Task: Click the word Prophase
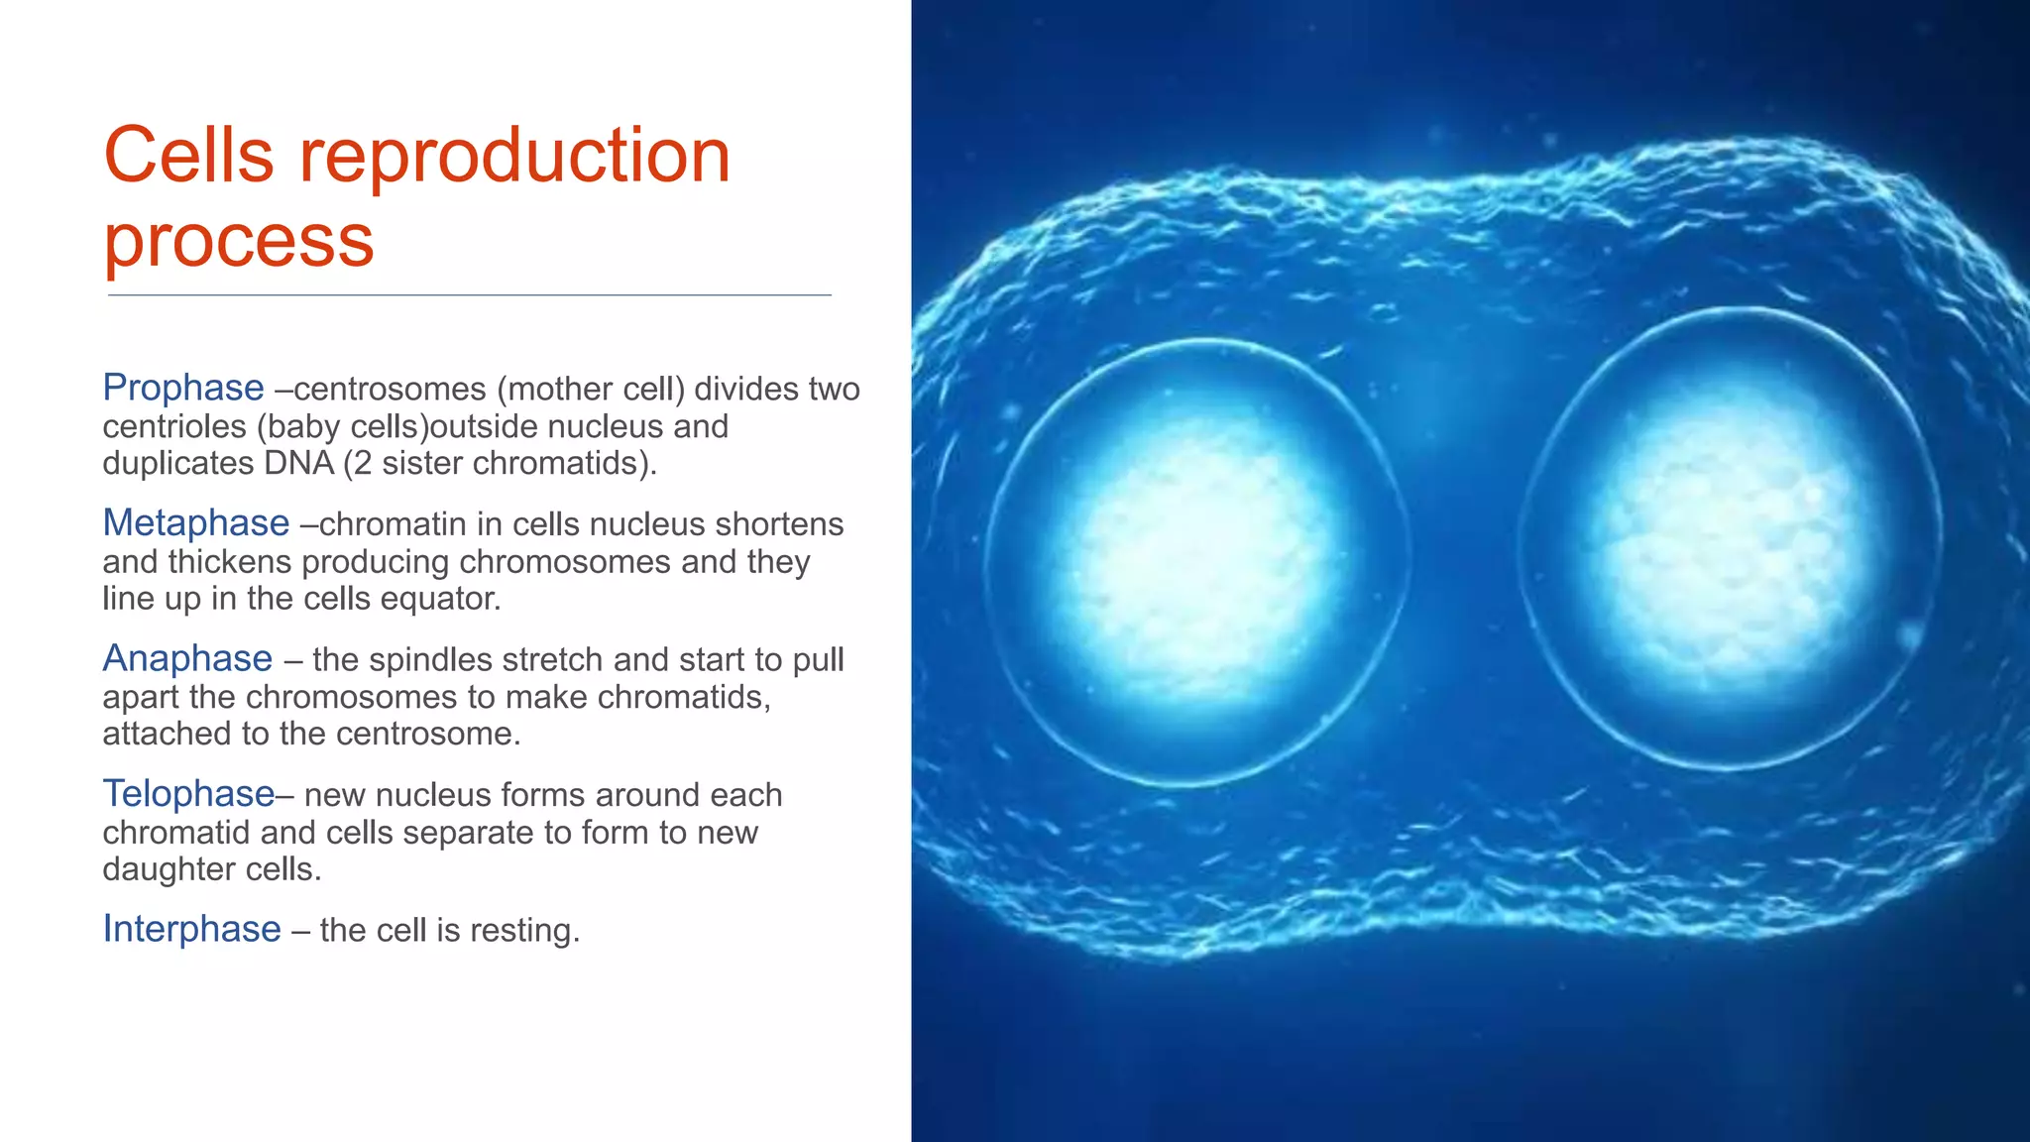183,388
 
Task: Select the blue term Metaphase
196,522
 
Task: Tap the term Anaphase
187,658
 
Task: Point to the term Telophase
188,793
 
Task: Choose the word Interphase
191,929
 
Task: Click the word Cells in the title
188,156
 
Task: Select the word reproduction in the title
514,156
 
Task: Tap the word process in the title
239,241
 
